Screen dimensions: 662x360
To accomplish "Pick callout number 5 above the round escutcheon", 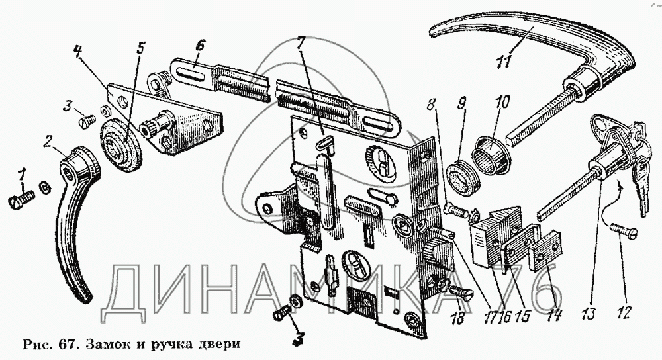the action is coord(140,48).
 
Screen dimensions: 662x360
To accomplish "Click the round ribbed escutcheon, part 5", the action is coord(122,146).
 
